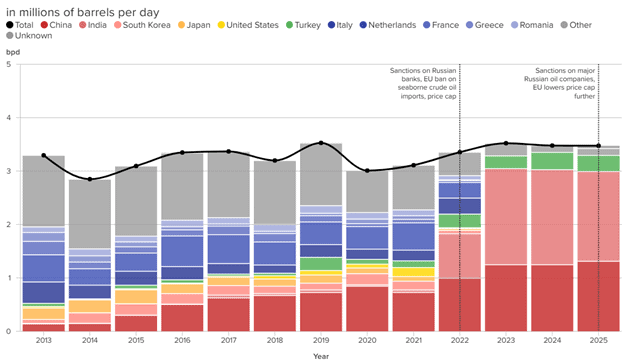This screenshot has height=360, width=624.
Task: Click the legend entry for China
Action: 56,25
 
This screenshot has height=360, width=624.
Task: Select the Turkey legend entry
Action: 303,25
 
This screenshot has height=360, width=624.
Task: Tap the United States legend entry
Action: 248,25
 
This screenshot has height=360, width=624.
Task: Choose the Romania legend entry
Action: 532,25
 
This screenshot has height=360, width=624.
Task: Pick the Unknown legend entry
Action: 29,36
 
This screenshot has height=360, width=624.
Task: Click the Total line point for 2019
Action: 321,143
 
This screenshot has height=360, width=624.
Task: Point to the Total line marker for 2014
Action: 90,179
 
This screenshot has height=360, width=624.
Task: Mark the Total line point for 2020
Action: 367,171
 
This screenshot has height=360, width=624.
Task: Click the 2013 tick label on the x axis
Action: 44,341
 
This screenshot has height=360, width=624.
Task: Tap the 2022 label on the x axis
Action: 460,341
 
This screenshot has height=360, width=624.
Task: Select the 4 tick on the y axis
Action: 8,118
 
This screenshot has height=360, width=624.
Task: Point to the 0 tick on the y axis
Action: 8,331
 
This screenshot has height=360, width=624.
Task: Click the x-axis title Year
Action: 321,356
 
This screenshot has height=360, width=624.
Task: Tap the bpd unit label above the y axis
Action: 13,52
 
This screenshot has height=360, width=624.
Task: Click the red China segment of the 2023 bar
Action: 506,298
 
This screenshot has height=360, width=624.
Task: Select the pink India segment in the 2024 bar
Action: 552,217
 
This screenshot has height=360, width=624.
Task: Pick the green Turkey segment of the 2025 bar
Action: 599,163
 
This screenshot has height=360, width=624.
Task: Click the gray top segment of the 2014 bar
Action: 90,214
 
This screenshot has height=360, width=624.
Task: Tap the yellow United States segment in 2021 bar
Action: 413,272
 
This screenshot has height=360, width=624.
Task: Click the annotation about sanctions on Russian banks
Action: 423,84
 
